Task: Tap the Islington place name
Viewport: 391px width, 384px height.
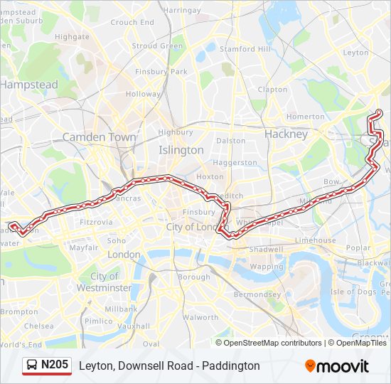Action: [181, 150]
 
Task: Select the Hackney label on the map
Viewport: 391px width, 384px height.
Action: [286, 134]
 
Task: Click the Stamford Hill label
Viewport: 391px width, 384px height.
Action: [245, 49]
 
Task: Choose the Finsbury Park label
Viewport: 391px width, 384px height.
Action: [164, 72]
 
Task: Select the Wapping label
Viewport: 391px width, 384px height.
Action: [266, 267]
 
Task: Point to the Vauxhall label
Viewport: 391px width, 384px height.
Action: [134, 326]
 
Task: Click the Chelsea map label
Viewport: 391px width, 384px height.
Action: [38, 326]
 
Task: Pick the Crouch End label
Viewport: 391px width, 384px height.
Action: [132, 22]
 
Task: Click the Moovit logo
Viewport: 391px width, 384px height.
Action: [337, 366]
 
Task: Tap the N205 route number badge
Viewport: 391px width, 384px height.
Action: [55, 365]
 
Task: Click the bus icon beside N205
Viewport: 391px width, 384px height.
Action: [32, 366]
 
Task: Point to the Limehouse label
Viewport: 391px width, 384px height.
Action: [316, 240]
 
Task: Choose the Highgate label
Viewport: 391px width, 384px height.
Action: [72, 36]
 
